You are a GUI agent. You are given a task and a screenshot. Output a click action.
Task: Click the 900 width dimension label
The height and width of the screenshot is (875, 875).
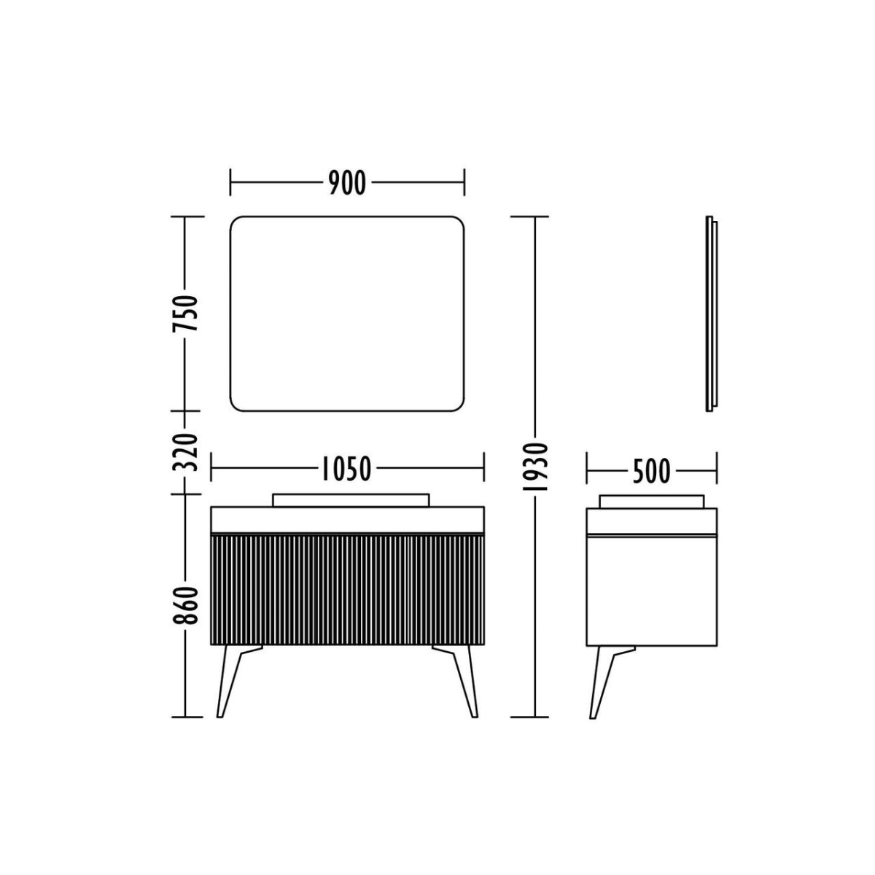[347, 183]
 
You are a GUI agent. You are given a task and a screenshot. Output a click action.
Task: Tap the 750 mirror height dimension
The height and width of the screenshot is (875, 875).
[185, 314]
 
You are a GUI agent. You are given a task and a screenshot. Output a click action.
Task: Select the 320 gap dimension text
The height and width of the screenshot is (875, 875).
[185, 452]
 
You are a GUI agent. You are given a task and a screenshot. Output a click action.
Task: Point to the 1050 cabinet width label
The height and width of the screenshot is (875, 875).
[346, 469]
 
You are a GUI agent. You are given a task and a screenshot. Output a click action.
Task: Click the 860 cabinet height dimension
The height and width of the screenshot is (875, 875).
[185, 606]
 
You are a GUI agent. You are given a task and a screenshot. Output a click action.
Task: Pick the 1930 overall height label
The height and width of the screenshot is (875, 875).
[536, 467]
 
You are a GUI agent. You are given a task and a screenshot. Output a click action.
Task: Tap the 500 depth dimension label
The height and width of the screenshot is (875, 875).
[651, 471]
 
